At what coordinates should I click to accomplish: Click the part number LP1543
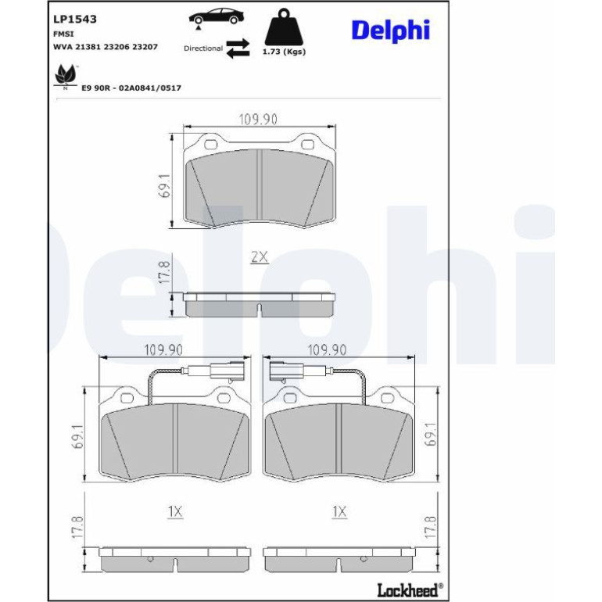(75, 20)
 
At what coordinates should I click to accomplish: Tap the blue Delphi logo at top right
(390, 30)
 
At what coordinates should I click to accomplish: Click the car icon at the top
(216, 17)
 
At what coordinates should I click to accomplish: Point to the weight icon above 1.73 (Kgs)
(284, 27)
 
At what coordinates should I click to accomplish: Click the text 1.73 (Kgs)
(284, 52)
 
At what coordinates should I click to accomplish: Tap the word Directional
(203, 48)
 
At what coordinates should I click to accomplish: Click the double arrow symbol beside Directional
(238, 48)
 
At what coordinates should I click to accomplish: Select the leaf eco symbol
(66, 76)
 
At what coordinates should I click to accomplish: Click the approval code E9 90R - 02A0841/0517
(131, 88)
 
